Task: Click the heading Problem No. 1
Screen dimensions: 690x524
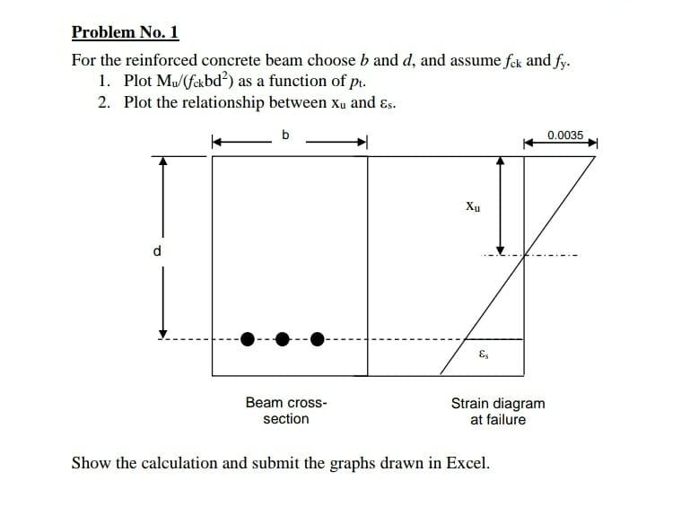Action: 126,33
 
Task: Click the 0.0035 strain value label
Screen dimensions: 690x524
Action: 565,135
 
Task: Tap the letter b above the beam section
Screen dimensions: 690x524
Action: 285,135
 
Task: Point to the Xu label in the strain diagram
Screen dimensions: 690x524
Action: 474,205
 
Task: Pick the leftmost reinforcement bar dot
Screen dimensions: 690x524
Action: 250,339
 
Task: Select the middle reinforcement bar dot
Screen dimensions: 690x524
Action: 283,339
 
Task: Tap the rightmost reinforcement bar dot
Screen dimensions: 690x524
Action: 316,339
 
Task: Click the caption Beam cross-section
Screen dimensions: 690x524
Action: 285,411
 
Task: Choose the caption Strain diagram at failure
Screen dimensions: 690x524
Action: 497,411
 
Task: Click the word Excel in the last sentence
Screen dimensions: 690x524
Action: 466,464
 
